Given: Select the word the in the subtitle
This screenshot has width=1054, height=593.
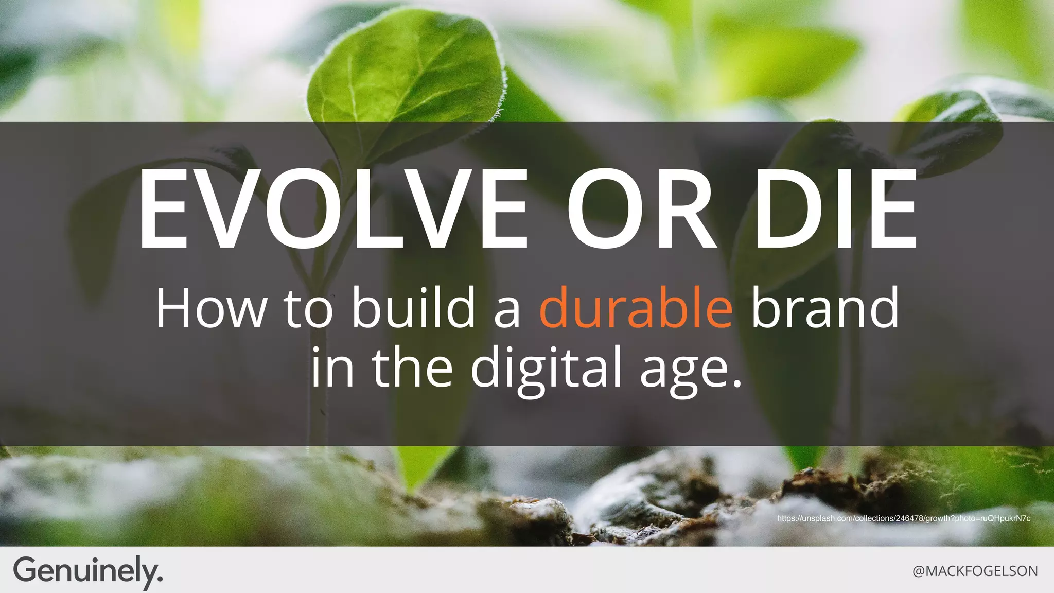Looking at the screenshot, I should coord(412,367).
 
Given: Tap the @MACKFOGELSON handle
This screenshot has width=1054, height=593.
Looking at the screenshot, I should coord(975,571).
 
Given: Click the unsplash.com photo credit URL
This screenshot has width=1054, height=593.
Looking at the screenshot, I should coord(903,518).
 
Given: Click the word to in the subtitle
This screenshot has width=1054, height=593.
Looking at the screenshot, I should coord(308,309).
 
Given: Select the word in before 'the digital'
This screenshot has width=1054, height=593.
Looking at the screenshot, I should coord(332,367).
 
